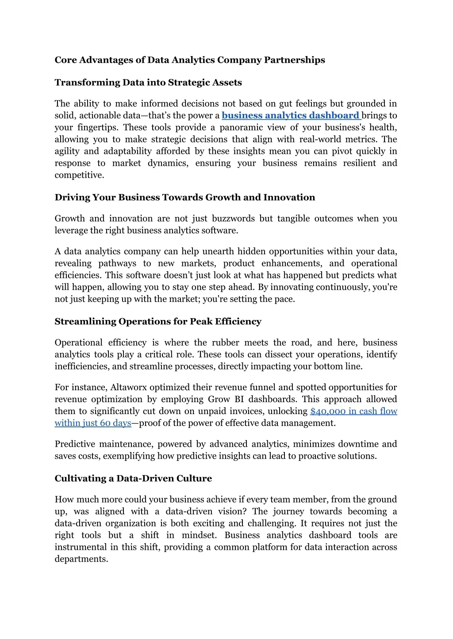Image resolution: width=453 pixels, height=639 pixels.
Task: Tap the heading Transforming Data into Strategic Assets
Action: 148,83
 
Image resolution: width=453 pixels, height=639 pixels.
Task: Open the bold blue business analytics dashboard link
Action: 291,116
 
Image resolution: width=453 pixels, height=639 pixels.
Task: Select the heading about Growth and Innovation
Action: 184,198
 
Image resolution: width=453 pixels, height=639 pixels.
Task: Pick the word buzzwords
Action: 233,219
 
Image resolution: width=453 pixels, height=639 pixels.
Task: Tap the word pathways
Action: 117,264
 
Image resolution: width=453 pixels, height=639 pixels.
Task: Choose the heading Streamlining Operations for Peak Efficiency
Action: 158,322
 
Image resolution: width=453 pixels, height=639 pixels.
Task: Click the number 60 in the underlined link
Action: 105,423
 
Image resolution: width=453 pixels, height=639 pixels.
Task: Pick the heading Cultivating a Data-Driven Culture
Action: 133,479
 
